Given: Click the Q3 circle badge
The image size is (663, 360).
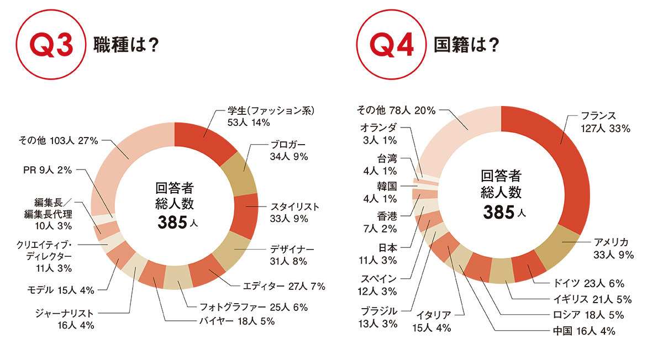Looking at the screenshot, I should click(x=52, y=45).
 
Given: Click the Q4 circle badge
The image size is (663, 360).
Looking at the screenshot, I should click(x=393, y=45).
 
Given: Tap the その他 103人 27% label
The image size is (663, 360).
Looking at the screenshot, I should click(x=57, y=141).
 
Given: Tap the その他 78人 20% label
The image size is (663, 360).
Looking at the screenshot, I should click(x=396, y=110).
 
